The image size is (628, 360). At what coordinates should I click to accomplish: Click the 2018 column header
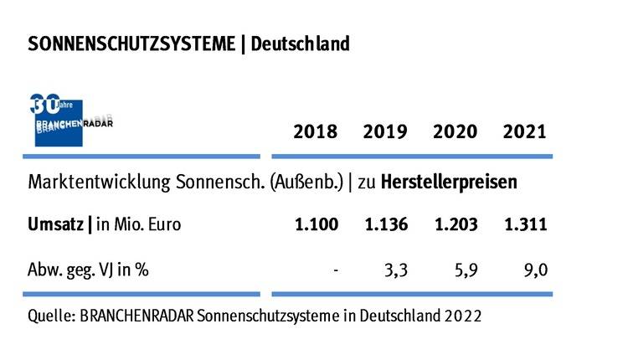coord(315,131)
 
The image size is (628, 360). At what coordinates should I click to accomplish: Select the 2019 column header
coord(384,131)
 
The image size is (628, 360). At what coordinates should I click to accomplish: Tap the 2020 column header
coord(455,131)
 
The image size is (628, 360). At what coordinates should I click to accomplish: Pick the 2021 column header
coord(524,131)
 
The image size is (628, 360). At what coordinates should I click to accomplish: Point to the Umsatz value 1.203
coord(455,224)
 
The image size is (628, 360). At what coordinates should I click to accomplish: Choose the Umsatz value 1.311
coord(524,224)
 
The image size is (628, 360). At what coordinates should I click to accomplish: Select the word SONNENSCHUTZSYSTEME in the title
coord(131,44)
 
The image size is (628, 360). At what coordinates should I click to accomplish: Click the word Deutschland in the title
coord(299,44)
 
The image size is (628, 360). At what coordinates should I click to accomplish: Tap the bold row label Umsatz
coord(55,224)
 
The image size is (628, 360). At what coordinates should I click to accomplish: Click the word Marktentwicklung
coord(92,181)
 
